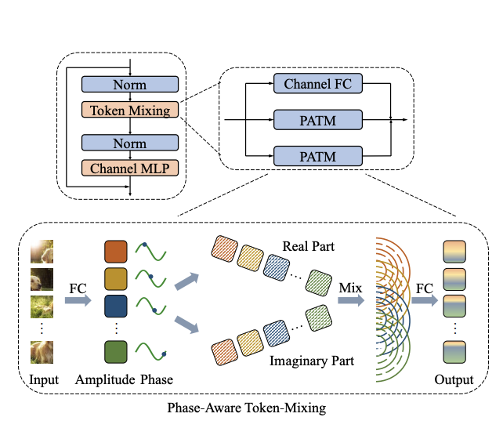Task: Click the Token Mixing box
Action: [130, 111]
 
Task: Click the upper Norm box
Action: [130, 84]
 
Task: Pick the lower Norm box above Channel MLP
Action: [130, 143]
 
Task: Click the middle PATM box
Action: [318, 120]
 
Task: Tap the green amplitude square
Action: [114, 353]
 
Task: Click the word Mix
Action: [350, 288]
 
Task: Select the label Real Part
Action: [309, 247]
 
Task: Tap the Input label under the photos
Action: [44, 380]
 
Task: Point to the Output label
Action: [454, 380]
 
